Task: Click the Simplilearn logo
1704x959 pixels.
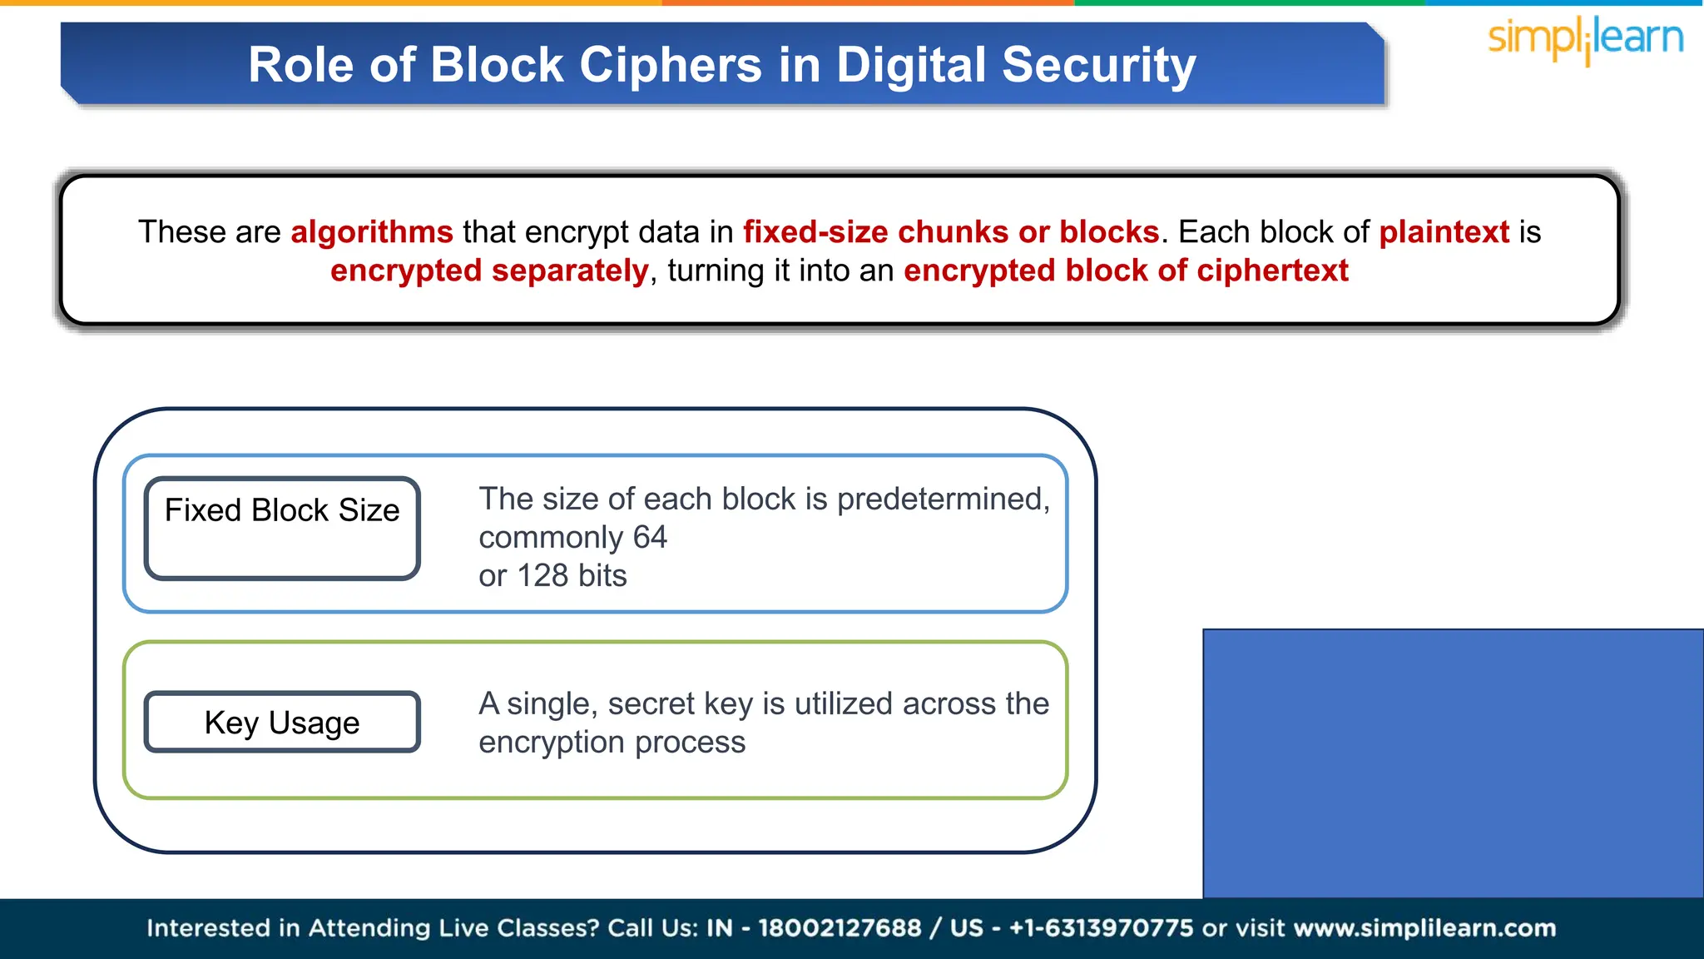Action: click(1585, 39)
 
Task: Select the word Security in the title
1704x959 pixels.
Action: click(1098, 65)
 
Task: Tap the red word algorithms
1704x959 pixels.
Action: click(371, 232)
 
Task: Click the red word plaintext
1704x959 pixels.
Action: click(1444, 232)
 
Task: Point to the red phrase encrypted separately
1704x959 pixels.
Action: click(488, 271)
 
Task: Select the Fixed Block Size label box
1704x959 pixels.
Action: click(282, 528)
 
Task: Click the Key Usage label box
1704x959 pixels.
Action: click(282, 722)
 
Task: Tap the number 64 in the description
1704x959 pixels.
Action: click(650, 538)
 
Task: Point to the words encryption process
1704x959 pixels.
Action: click(612, 743)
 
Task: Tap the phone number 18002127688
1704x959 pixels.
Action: click(840, 928)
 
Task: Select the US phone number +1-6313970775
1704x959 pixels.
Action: click(1101, 928)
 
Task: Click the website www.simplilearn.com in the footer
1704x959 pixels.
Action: click(1424, 928)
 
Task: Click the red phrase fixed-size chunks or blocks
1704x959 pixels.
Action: click(950, 232)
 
